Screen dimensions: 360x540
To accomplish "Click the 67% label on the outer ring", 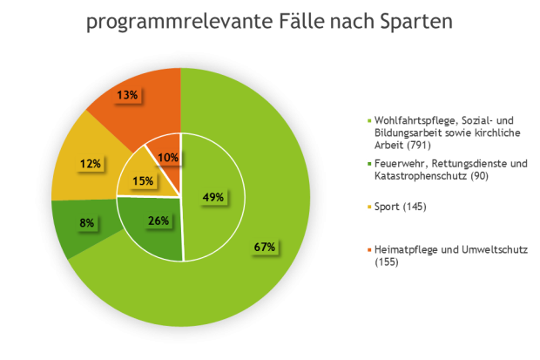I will (x=265, y=248).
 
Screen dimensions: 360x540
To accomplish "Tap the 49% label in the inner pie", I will (x=213, y=197).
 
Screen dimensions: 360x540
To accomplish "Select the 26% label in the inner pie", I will (x=158, y=221).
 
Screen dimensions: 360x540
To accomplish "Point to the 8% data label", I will (x=87, y=223).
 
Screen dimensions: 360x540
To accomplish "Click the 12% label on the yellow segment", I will (x=91, y=163).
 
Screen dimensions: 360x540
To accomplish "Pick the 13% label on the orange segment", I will (x=127, y=94).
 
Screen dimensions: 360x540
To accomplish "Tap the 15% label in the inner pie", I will (x=143, y=181).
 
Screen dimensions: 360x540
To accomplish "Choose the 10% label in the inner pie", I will (x=168, y=158).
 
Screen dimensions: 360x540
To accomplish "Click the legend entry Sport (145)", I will (x=401, y=207).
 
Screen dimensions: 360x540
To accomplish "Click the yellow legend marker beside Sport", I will (x=369, y=207).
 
